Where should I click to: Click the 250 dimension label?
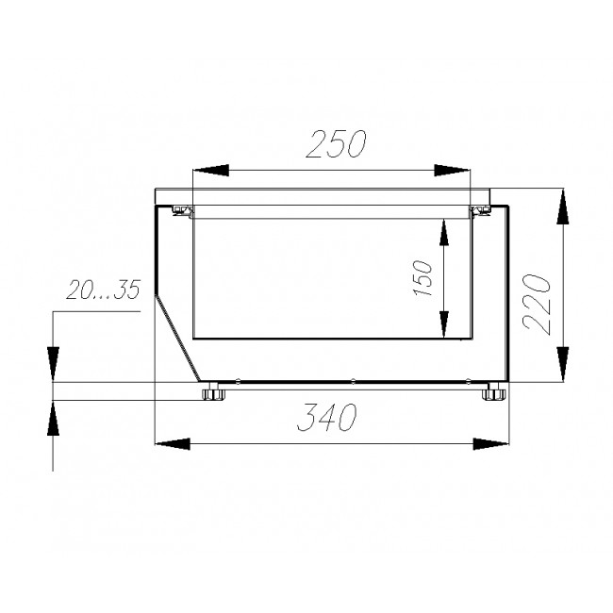(x=336, y=143)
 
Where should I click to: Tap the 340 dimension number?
(x=327, y=417)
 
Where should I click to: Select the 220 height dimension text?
(x=537, y=305)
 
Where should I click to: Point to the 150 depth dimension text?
(x=423, y=277)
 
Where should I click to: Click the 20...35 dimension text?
(x=103, y=290)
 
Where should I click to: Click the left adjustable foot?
(x=213, y=393)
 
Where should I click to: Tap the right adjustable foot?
(x=494, y=393)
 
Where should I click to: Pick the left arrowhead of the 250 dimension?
(x=210, y=170)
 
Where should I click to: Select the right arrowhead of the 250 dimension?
(x=453, y=170)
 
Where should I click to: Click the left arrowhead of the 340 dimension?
(x=173, y=444)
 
